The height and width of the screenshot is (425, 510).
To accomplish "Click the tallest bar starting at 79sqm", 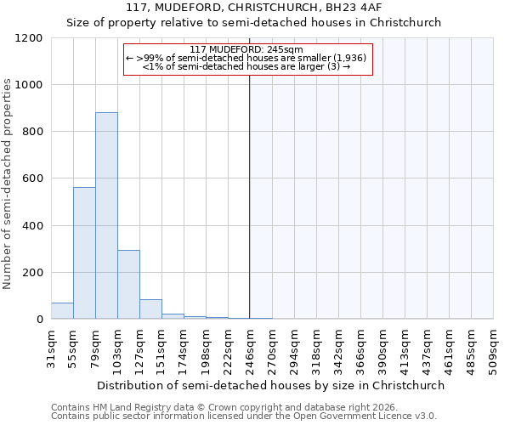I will [x=106, y=216].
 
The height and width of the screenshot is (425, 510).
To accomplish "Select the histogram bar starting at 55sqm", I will [x=84, y=253].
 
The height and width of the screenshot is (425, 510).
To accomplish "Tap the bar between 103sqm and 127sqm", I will [x=128, y=285].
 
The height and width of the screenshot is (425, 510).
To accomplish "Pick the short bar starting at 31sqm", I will [x=62, y=311].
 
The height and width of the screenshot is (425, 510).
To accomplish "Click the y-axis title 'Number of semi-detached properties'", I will [x=8, y=179].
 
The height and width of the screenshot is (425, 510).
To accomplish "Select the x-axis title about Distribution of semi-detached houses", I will [x=271, y=385].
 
